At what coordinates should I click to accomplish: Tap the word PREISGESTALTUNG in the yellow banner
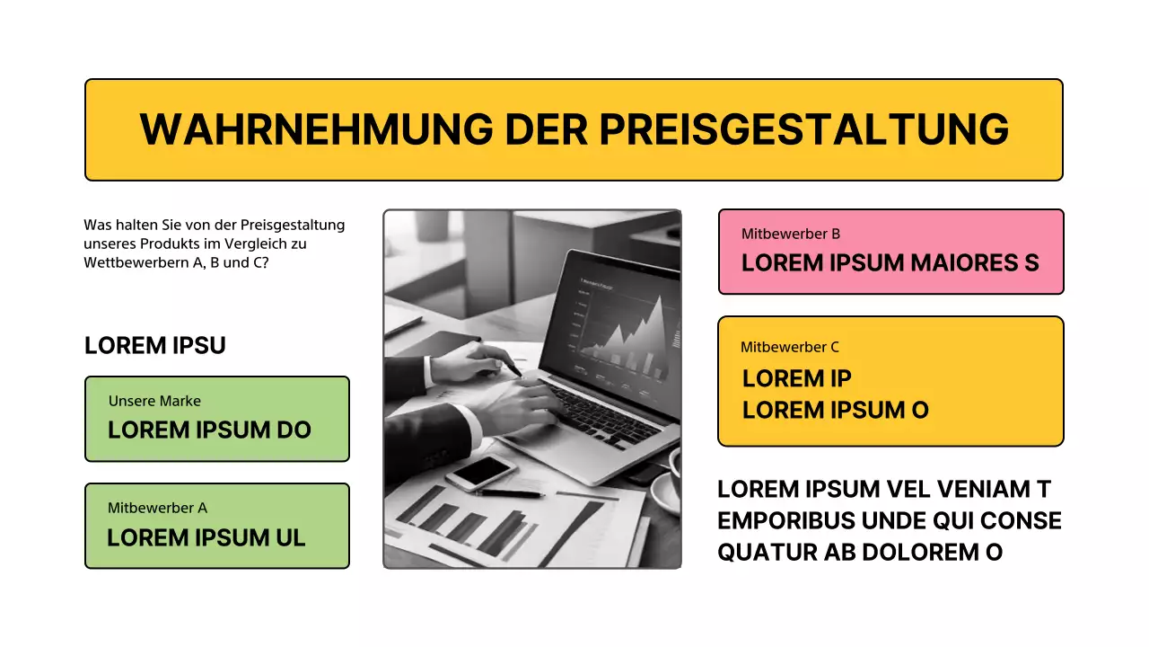(803, 129)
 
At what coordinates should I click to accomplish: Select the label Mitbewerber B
(790, 234)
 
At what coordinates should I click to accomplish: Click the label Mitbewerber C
(789, 347)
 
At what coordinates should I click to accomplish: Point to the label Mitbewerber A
(157, 508)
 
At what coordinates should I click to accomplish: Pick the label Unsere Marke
(154, 401)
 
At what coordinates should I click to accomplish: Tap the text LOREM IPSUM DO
(209, 430)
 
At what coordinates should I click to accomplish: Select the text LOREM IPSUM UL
(206, 538)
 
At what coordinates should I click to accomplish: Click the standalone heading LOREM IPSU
(154, 346)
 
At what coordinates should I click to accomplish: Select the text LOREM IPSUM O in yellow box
(835, 411)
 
